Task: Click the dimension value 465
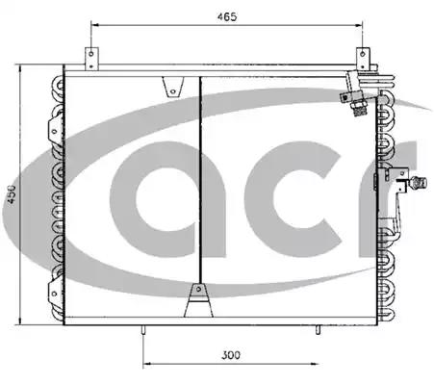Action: click(227, 16)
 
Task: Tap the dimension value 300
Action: click(231, 355)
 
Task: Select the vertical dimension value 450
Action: click(12, 194)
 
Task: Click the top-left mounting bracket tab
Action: click(91, 59)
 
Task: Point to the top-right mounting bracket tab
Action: click(363, 59)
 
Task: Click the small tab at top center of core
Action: click(172, 87)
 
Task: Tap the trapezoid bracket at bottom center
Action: click(198, 300)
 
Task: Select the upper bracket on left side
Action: click(55, 130)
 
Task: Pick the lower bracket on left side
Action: click(55, 293)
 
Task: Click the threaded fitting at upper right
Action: click(359, 111)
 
